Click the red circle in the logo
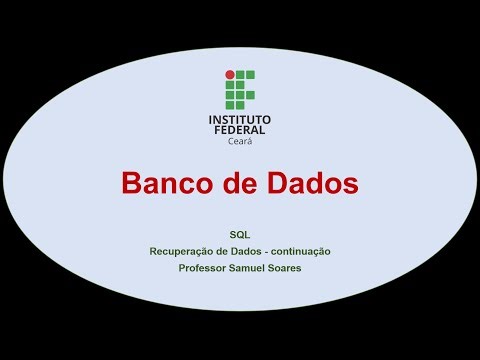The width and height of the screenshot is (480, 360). click(229, 74)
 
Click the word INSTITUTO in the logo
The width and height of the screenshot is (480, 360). click(240, 119)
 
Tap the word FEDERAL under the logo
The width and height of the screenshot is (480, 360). click(240, 130)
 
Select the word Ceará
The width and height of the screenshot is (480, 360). click(240, 141)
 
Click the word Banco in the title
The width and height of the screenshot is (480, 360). click(160, 184)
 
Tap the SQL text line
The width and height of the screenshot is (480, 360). click(239, 233)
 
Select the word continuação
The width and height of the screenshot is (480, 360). click(298, 251)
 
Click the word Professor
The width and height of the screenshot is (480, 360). click(203, 268)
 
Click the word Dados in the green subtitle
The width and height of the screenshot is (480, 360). click(240, 251)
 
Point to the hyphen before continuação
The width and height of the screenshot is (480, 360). click(263, 251)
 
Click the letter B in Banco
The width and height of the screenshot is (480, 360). click(130, 184)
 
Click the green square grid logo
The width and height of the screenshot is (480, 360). click(240, 90)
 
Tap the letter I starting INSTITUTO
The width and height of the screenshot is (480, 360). click(210, 119)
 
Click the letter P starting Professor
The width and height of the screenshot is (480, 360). click(182, 268)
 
